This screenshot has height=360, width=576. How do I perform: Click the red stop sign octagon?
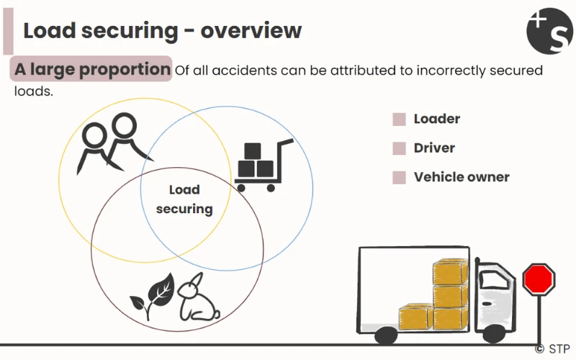[x=539, y=279]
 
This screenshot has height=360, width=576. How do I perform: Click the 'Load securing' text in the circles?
[x=184, y=199]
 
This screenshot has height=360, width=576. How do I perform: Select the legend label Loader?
[x=436, y=119]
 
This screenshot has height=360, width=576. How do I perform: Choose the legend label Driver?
[x=434, y=148]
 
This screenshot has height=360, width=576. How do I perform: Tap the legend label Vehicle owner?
[x=462, y=176]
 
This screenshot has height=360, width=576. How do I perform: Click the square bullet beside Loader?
[x=399, y=120]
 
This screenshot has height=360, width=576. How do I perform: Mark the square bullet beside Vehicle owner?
[x=399, y=177]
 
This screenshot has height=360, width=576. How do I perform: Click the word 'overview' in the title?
[x=251, y=31]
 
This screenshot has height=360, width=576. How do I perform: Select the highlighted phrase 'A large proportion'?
[x=92, y=70]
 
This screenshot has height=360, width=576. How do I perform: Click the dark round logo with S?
[x=550, y=30]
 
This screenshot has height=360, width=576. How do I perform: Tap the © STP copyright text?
[x=553, y=348]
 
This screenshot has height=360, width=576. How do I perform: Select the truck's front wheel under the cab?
[x=493, y=333]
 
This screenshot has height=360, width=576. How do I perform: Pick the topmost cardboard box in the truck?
[x=450, y=271]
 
